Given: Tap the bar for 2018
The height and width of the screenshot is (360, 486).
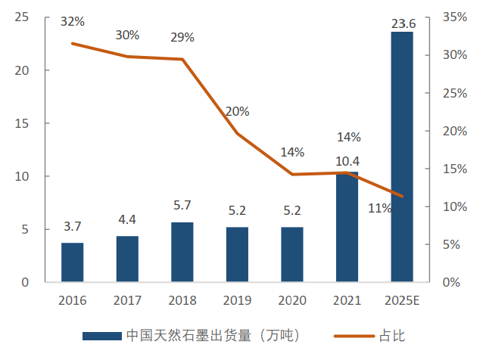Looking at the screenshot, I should [x=182, y=252].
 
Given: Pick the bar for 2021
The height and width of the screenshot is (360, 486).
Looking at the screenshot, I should [x=347, y=227].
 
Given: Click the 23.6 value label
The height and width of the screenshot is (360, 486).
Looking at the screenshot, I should [x=402, y=23].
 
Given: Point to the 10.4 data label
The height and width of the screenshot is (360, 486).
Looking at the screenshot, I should [x=347, y=161].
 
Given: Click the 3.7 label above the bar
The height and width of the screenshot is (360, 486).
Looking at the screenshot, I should [x=72, y=227].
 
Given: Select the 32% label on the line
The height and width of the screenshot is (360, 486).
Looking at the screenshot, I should [x=72, y=21].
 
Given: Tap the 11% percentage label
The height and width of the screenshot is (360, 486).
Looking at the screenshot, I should [x=379, y=208].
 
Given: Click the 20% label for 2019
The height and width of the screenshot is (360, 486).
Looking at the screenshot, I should [x=237, y=111].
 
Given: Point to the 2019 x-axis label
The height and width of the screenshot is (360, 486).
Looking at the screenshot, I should [x=237, y=300].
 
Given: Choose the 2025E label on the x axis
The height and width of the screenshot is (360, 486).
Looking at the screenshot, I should [x=402, y=300].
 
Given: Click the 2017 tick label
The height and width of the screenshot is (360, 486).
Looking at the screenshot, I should [x=127, y=300].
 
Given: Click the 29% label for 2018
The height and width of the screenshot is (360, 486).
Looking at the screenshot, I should [x=182, y=37].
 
